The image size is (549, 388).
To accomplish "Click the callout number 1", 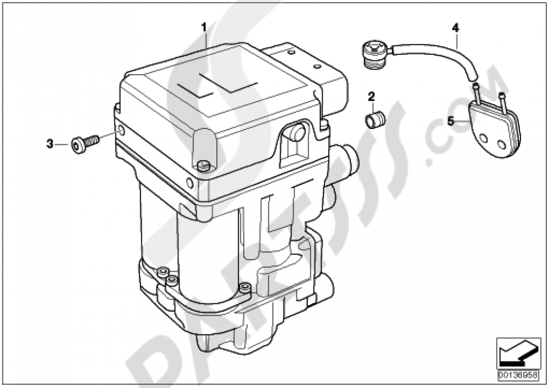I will point(204,26).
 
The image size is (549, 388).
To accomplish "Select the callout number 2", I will point(371,97).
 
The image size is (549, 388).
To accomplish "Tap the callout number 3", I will point(49,144).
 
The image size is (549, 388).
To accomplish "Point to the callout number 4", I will point(455,26).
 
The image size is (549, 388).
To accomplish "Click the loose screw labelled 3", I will point(83,144).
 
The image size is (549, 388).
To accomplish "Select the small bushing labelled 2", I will point(375,120).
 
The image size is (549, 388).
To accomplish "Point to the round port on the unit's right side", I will point(347,158).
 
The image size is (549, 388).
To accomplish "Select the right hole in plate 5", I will point(501,145).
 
